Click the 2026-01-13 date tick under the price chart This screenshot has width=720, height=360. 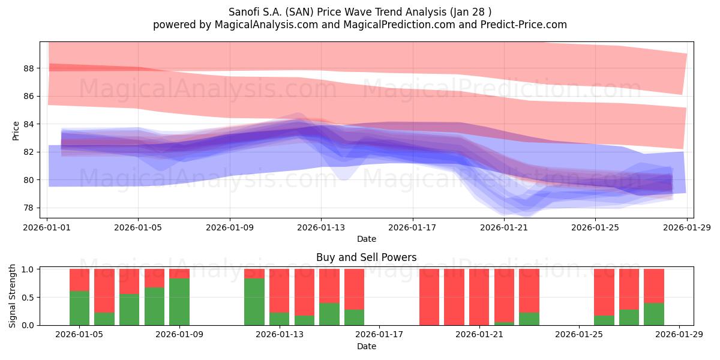tap(321, 227)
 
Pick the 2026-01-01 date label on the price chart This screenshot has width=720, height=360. tap(47, 227)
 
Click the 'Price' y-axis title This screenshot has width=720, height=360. tap(16, 130)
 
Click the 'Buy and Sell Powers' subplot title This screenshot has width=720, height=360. tap(366, 257)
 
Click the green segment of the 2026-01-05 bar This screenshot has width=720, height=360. tap(79, 308)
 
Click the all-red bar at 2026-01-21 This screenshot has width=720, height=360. tap(479, 297)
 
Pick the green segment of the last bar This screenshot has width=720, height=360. tap(654, 314)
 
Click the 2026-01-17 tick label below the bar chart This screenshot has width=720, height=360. tap(380, 335)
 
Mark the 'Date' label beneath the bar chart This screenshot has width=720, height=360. tap(366, 346)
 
